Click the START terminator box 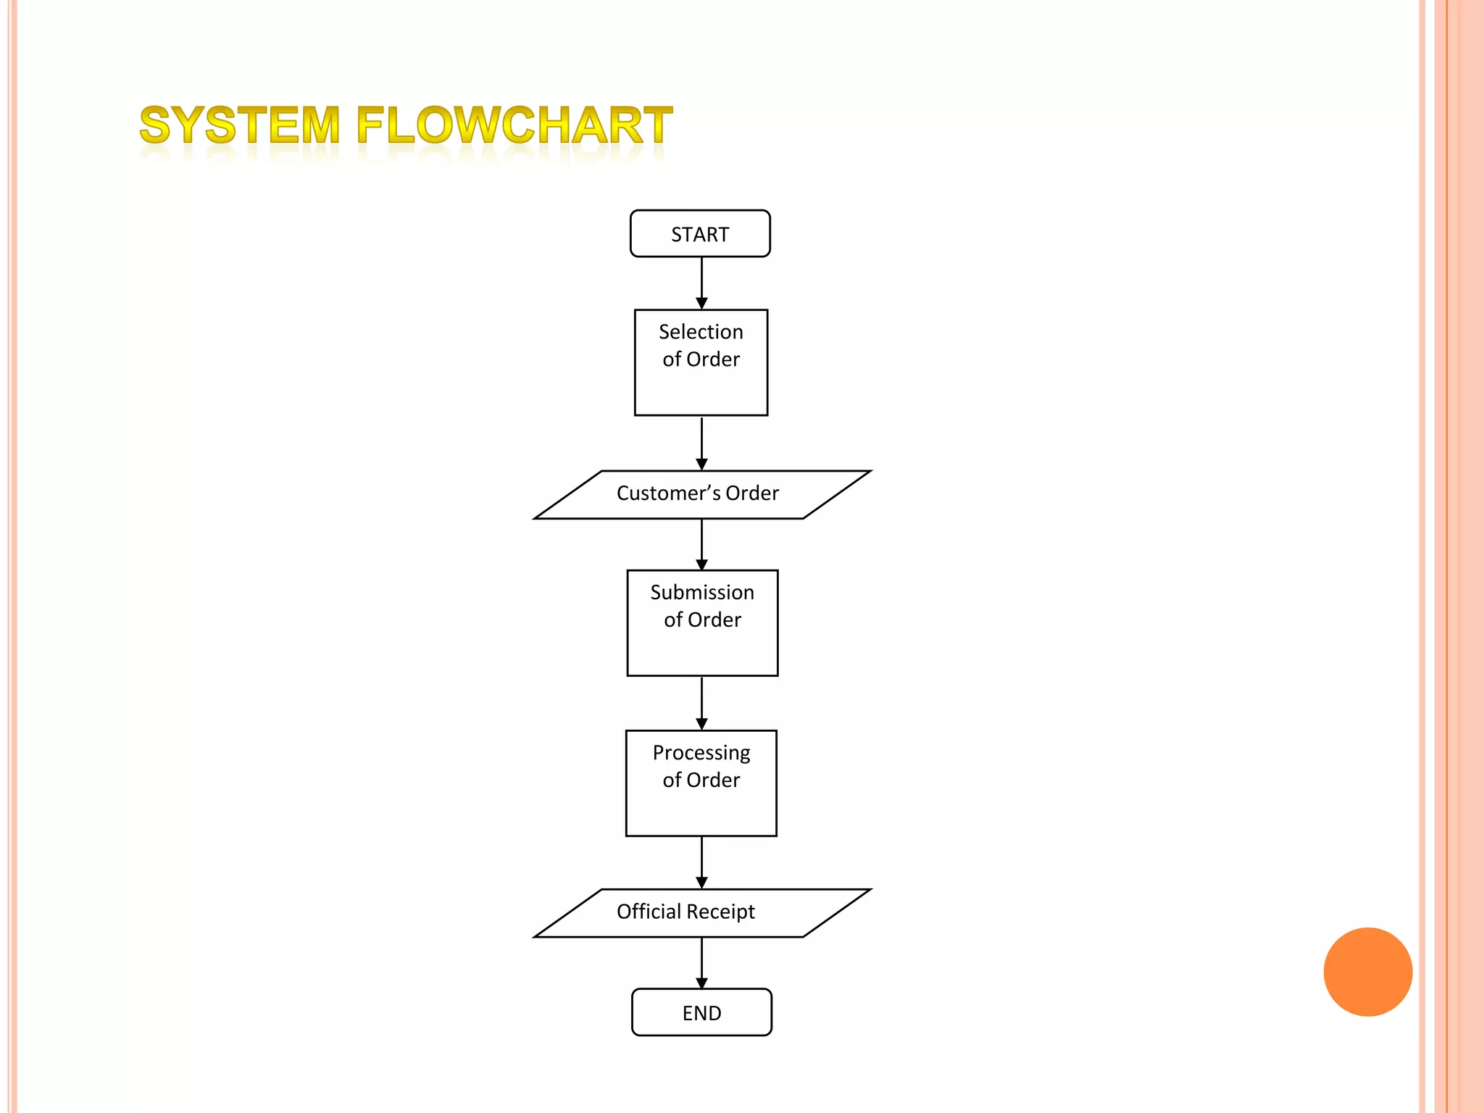point(700,234)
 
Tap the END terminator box point(701,1012)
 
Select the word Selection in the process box point(701,332)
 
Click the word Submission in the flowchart point(702,593)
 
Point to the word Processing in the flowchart point(701,753)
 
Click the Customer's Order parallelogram point(701,494)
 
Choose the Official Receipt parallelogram point(701,912)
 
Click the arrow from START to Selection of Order point(701,283)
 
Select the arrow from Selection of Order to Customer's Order point(701,443)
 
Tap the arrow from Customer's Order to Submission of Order point(701,544)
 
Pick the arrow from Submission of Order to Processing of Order point(701,703)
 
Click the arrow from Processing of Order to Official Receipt point(701,862)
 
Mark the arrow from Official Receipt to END point(701,963)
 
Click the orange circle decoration point(1367,972)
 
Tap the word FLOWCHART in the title point(514,125)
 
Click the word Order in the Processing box point(713,780)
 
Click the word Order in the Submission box point(714,620)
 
